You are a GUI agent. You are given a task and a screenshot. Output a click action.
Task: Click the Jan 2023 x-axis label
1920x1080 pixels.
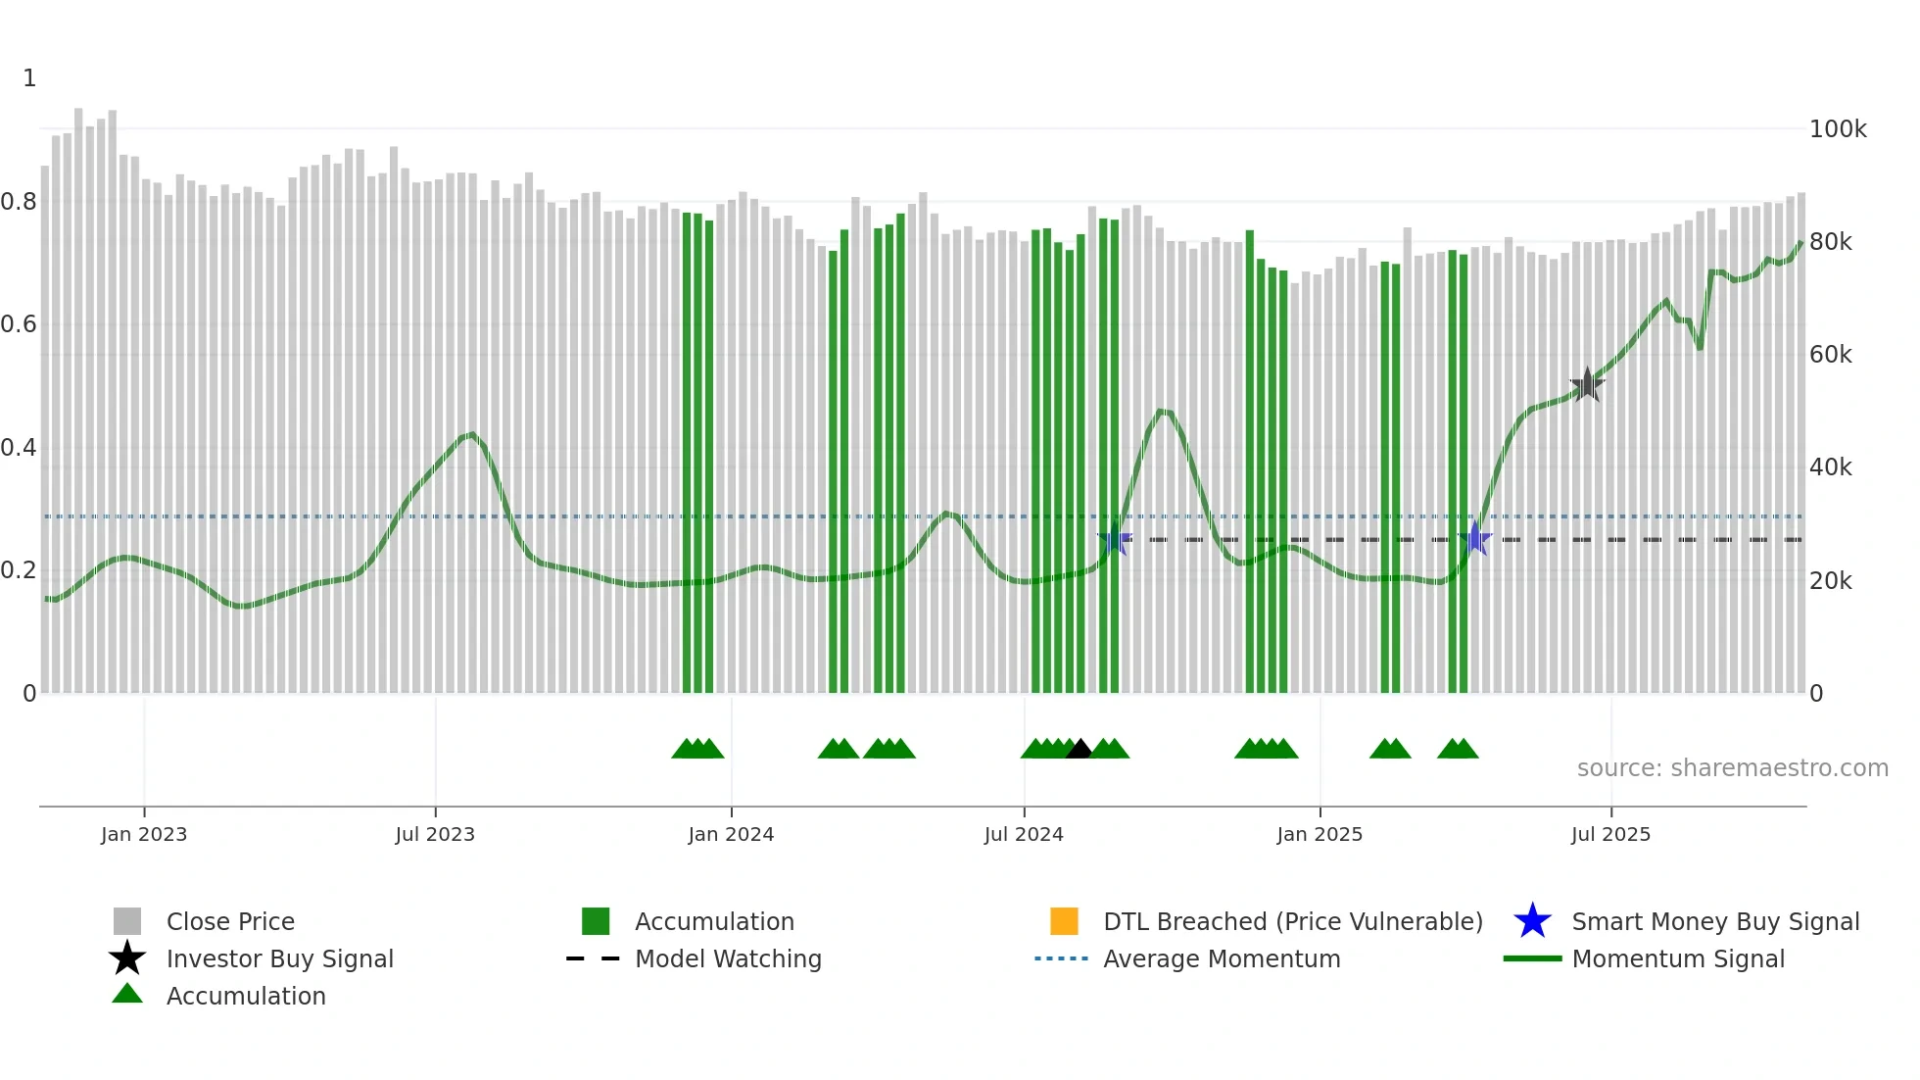pyautogui.click(x=143, y=834)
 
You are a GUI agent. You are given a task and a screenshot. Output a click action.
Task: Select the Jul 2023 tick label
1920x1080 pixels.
pyautogui.click(x=435, y=834)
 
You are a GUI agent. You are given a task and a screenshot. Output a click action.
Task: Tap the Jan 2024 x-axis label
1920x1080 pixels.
pyautogui.click(x=731, y=834)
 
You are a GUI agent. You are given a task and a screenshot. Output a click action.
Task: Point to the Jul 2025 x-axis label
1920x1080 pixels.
pyautogui.click(x=1610, y=834)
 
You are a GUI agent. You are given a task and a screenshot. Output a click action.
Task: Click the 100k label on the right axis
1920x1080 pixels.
pyautogui.click(x=1838, y=129)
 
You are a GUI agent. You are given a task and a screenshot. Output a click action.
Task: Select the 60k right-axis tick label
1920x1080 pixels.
pyautogui.click(x=1830, y=355)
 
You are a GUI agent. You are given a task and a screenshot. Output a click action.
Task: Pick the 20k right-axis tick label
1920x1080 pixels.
pyautogui.click(x=1830, y=581)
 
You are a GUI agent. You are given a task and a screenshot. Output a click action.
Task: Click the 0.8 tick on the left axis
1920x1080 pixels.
pyautogui.click(x=19, y=202)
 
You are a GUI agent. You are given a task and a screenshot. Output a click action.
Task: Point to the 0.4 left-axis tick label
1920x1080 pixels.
pyautogui.click(x=19, y=448)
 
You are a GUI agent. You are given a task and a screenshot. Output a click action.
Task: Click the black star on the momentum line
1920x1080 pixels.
pyautogui.click(x=1587, y=385)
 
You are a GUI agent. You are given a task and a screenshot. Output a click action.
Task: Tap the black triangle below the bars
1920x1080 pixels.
pyautogui.click(x=1079, y=750)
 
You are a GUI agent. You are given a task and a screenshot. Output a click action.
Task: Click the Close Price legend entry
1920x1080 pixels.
pyautogui.click(x=230, y=921)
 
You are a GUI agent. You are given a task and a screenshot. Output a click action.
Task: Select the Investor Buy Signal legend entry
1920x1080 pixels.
pyautogui.click(x=279, y=958)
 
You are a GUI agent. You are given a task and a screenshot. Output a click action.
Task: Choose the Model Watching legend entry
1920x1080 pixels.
pyautogui.click(x=727, y=958)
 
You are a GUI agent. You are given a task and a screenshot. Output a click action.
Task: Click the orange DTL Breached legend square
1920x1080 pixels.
pyautogui.click(x=1064, y=921)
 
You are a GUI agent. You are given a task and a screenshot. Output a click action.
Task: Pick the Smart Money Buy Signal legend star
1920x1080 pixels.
pyautogui.click(x=1532, y=921)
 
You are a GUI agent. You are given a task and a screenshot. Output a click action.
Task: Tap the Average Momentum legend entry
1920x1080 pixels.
pyautogui.click(x=1221, y=958)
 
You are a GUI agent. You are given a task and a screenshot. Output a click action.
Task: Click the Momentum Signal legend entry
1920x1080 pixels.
pyautogui.click(x=1677, y=958)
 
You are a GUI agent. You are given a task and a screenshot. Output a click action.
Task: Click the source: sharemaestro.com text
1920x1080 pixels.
pyautogui.click(x=1732, y=768)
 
